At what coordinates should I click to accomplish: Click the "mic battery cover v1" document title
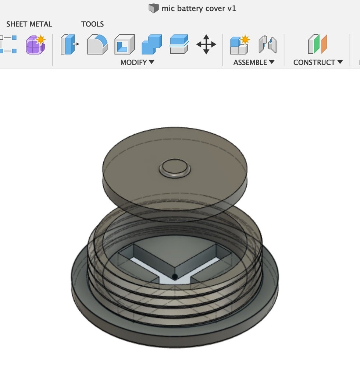pyautogui.click(x=199, y=8)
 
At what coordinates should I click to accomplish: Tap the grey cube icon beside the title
pyautogui.click(x=153, y=8)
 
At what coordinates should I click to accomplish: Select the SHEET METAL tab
pyautogui.click(x=29, y=24)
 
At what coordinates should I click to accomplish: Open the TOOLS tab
pyautogui.click(x=92, y=24)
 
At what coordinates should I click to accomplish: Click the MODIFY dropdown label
pyautogui.click(x=137, y=62)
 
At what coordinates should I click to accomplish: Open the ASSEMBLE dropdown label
pyautogui.click(x=254, y=62)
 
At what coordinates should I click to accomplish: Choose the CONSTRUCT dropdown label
pyautogui.click(x=318, y=62)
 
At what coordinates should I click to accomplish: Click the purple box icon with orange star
pyautogui.click(x=35, y=45)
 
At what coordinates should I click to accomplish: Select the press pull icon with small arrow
pyautogui.click(x=69, y=45)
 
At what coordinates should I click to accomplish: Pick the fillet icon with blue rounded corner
pyautogui.click(x=97, y=45)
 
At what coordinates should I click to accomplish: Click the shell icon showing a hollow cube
pyautogui.click(x=124, y=45)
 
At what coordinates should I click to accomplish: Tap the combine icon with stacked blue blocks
pyautogui.click(x=152, y=45)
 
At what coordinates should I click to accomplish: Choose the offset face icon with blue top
pyautogui.click(x=179, y=45)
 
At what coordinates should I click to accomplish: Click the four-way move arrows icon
pyautogui.click(x=206, y=45)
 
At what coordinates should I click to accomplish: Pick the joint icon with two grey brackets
pyautogui.click(x=267, y=45)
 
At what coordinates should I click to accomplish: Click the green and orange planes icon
pyautogui.click(x=317, y=45)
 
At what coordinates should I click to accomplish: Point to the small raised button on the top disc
pyautogui.click(x=175, y=169)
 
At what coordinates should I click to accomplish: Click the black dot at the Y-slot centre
pyautogui.click(x=175, y=276)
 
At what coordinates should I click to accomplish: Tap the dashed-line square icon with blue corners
pyautogui.click(x=8, y=45)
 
